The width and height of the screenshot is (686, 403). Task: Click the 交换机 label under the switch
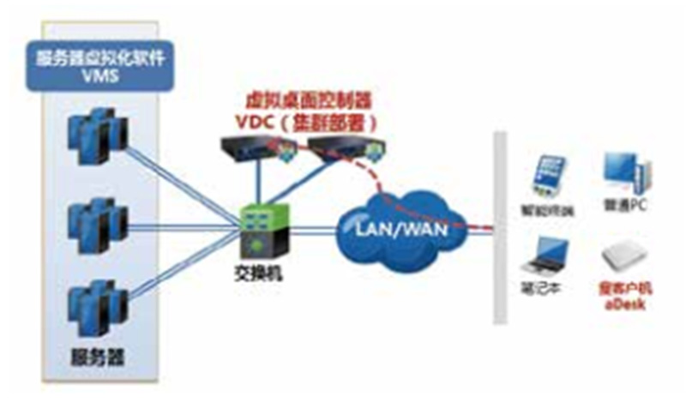pyautogui.click(x=262, y=275)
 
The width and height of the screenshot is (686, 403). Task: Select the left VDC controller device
pyautogui.click(x=249, y=149)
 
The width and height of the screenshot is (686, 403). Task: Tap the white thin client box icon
pyautogui.click(x=624, y=256)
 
